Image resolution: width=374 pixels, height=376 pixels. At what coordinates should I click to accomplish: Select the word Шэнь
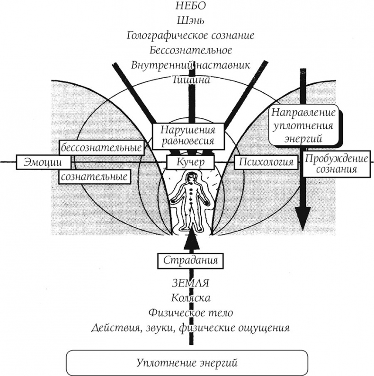click(x=191, y=21)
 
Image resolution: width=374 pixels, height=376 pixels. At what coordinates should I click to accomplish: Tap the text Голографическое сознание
click(x=191, y=36)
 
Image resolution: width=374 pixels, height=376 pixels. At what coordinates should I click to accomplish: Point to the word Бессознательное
click(x=191, y=50)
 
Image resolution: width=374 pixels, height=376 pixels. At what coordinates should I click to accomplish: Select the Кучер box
click(x=190, y=162)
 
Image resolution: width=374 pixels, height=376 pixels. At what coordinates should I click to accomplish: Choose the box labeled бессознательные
click(x=101, y=147)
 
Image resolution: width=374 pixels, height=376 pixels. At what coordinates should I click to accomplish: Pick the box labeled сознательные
click(x=95, y=177)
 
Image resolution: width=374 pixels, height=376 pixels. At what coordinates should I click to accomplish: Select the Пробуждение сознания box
click(x=331, y=163)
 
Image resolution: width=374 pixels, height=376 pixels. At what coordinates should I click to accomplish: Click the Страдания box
click(x=189, y=260)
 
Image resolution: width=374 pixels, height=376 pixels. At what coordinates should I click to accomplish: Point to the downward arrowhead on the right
click(x=303, y=219)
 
